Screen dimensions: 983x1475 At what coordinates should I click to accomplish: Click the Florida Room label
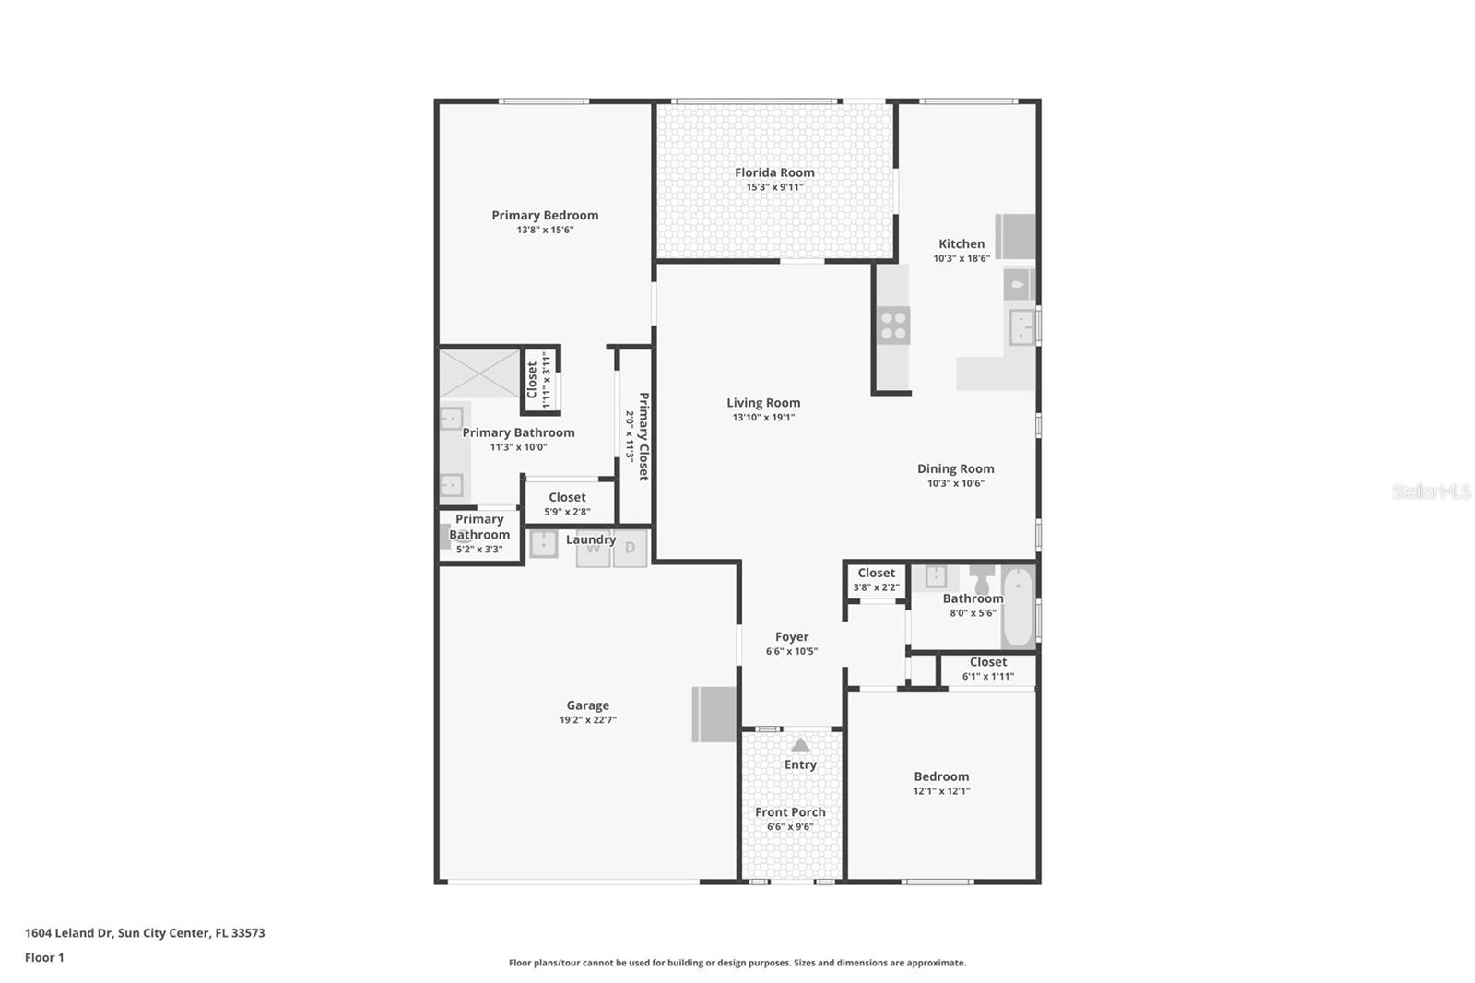pos(774,172)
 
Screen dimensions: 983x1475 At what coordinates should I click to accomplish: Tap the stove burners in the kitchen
pos(893,326)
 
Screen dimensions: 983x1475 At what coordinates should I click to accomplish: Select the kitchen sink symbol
pos(1021,326)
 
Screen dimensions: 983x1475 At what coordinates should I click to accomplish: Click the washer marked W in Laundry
pos(593,549)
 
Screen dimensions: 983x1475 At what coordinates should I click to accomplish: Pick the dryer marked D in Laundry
pos(631,548)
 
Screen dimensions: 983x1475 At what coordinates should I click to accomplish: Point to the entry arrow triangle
pos(800,744)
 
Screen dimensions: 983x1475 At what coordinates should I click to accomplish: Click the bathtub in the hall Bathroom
pos(1018,608)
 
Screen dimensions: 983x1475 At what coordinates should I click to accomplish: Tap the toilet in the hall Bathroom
pos(982,580)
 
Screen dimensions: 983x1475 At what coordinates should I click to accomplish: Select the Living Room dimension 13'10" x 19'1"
pos(763,418)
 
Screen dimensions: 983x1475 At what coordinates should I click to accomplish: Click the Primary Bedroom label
pos(545,215)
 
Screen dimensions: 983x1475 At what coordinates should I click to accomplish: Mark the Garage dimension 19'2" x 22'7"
pos(587,720)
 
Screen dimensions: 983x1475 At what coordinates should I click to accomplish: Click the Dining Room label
pos(955,468)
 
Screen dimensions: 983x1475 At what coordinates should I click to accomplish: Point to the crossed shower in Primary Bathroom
pos(478,373)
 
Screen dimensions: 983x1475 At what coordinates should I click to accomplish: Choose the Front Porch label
pos(790,812)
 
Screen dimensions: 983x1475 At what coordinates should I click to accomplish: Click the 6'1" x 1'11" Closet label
pos(987,662)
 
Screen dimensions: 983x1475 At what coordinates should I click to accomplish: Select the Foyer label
pos(791,636)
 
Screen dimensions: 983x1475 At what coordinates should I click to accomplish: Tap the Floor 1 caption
pos(44,958)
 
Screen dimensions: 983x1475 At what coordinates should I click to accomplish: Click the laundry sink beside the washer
pos(543,544)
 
